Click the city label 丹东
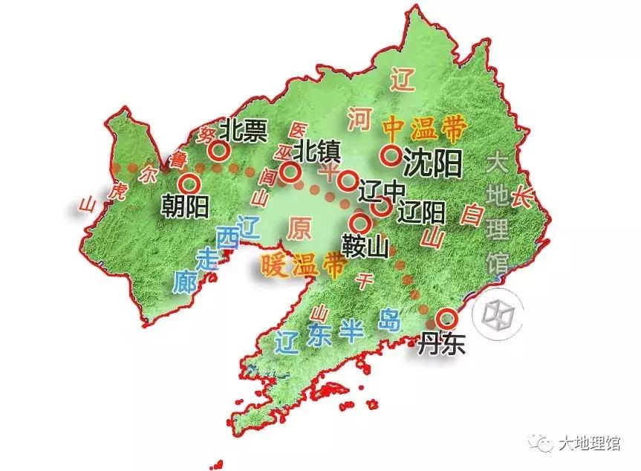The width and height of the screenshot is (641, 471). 441,344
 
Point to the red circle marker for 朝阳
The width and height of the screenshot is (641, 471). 189,183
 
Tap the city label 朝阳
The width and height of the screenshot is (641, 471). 185,206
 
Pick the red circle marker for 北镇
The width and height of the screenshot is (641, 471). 291,172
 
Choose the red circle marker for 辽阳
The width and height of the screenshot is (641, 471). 380,207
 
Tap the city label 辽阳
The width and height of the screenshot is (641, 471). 421,213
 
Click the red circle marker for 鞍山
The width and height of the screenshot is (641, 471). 362,221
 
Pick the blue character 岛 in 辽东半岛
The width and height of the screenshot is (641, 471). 388,321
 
